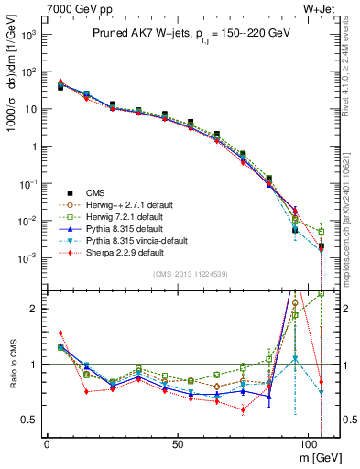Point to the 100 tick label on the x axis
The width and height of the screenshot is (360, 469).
pos(313,443)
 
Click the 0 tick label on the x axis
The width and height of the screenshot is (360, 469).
pos(47,443)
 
